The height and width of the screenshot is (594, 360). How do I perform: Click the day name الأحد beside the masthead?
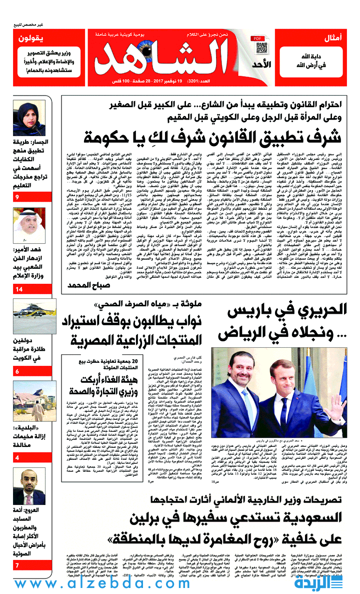(x=260, y=64)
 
